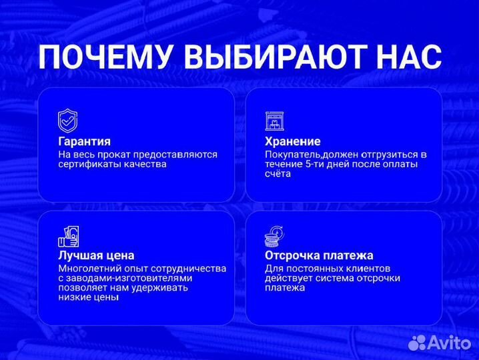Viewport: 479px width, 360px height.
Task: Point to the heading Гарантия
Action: tap(84, 141)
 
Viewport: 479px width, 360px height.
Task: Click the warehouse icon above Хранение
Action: tap(275, 121)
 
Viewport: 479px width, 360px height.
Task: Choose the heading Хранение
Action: tap(292, 141)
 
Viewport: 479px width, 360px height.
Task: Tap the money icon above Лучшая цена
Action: tap(68, 236)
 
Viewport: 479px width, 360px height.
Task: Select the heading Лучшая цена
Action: tap(96, 255)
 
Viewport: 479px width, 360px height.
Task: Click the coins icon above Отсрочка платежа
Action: tap(275, 236)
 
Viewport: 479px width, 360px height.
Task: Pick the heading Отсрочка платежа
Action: tap(319, 255)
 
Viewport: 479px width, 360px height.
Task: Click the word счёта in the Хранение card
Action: tap(278, 174)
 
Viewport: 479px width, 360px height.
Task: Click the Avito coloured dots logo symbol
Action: tap(418, 342)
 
